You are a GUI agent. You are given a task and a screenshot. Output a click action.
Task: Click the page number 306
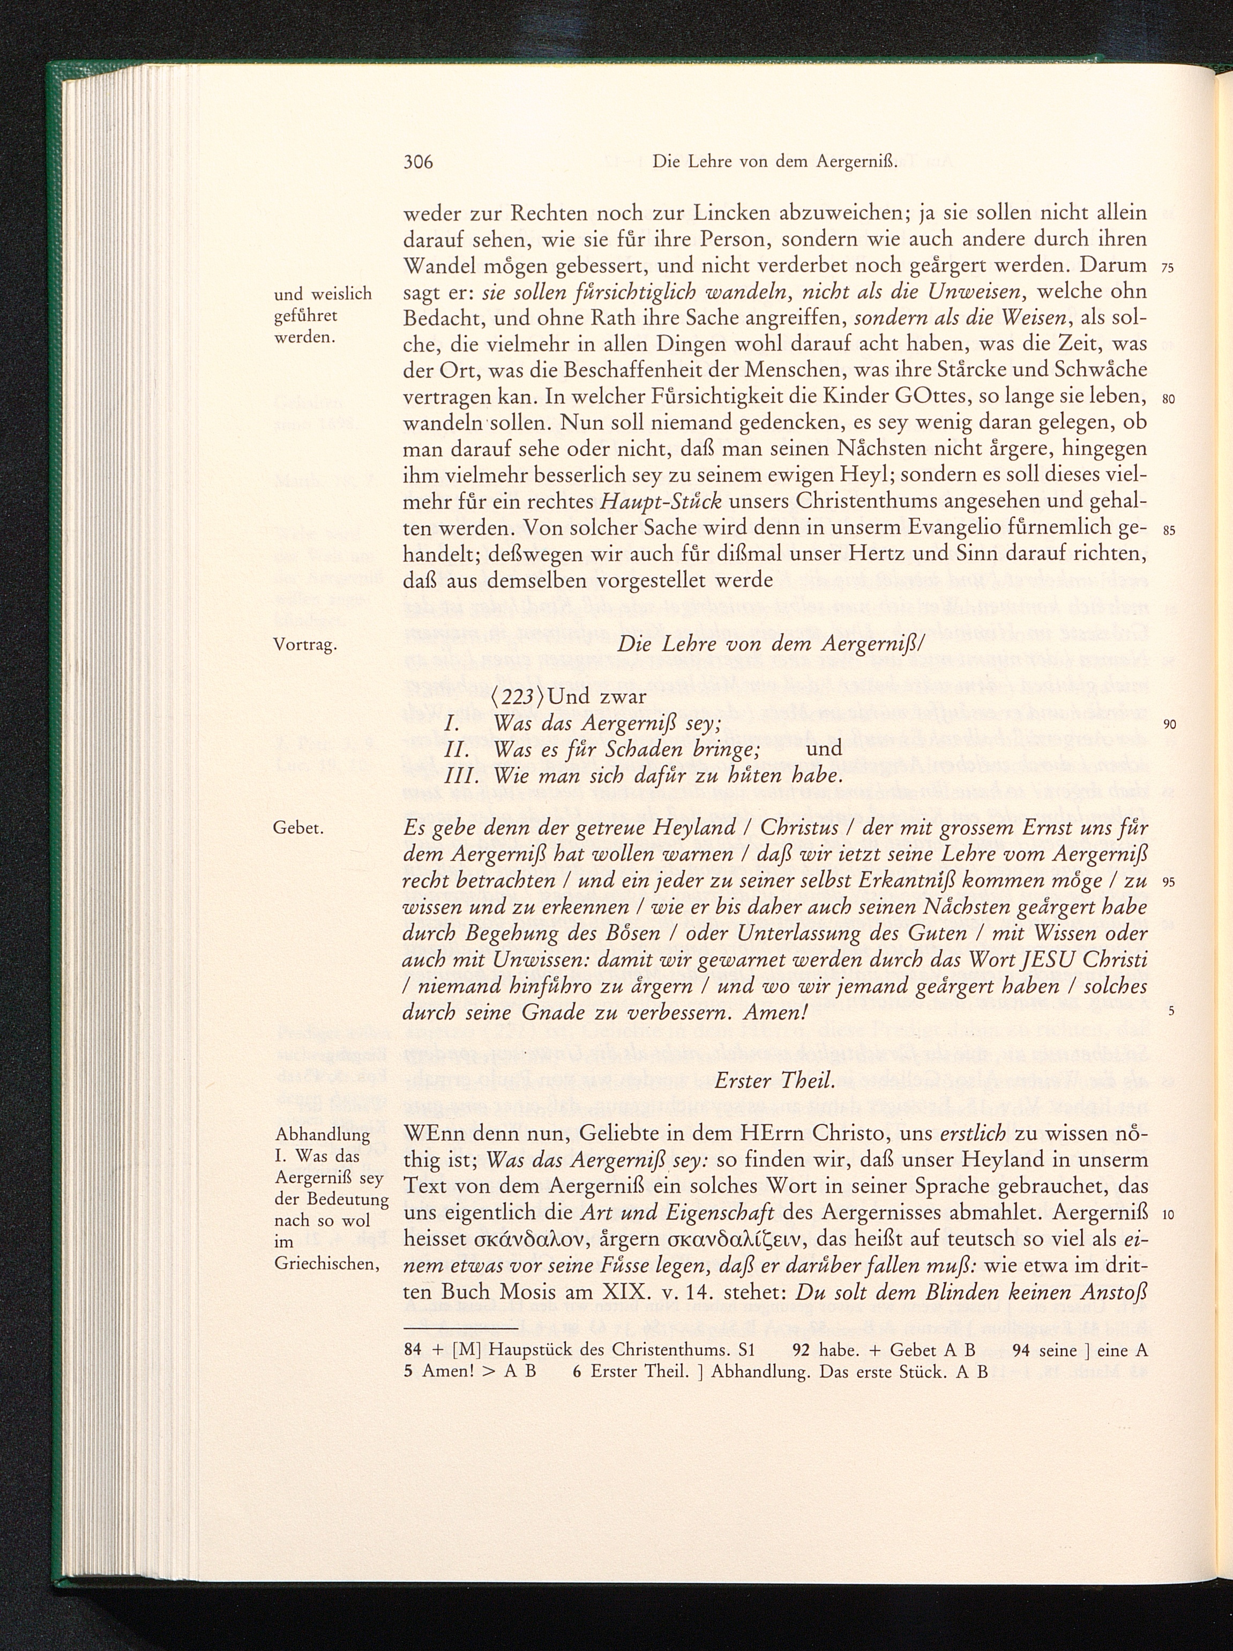418,161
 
